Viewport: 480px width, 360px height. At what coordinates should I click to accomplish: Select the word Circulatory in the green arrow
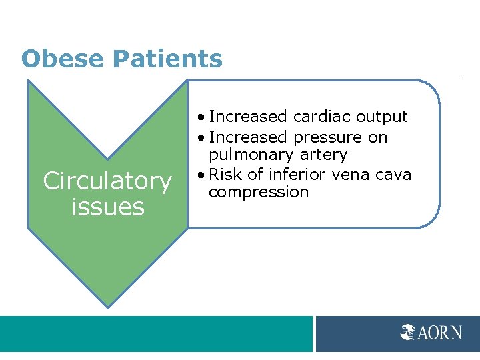(107, 181)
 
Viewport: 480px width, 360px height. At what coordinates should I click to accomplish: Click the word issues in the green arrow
(107, 207)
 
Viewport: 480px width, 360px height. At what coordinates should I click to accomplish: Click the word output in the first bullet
(381, 117)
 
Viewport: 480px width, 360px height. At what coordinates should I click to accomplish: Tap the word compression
(259, 193)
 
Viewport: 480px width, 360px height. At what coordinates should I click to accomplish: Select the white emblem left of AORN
(408, 332)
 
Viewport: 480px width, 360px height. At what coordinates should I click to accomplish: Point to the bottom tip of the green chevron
(107, 307)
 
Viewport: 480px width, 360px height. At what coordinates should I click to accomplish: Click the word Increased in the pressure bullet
(247, 137)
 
